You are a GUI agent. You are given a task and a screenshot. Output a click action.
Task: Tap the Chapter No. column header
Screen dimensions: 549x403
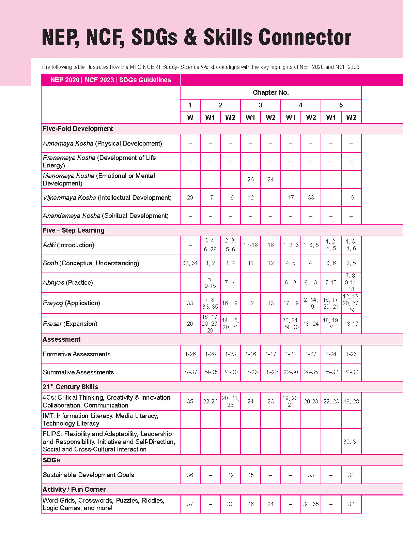[270, 92]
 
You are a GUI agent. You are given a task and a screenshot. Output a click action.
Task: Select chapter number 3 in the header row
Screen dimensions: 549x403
[261, 105]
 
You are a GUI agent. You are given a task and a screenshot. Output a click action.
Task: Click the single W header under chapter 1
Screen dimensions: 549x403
[190, 117]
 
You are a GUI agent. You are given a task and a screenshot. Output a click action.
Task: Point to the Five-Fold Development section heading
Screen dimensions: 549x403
[78, 129]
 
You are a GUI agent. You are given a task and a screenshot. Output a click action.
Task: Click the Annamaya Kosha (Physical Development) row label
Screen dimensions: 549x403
[102, 143]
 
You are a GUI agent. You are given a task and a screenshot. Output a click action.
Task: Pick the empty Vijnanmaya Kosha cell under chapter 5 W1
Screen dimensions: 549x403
[331, 197]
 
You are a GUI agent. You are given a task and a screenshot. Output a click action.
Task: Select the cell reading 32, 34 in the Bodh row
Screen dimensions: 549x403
[190, 263]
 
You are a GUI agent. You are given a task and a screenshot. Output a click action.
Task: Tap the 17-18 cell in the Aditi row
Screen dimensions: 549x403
[250, 245]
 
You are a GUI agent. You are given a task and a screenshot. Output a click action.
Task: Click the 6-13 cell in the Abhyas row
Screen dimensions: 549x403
[291, 282]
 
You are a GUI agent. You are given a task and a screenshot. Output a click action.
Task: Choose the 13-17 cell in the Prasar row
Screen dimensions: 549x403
[351, 324]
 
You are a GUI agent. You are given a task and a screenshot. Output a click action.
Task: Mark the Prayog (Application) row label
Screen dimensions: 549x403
[72, 303]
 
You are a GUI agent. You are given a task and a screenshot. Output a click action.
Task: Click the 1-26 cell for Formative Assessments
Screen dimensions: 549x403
[190, 354]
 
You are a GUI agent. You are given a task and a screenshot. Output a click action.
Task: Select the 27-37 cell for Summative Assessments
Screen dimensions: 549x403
[190, 372]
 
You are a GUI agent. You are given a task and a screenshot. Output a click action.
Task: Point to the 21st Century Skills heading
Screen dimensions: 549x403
[71, 387]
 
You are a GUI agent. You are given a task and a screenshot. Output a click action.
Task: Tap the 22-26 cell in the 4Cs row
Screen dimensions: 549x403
[210, 401]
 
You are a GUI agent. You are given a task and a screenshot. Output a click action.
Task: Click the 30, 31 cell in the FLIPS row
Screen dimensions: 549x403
[351, 442]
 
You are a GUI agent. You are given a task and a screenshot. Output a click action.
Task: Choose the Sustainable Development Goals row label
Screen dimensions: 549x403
[88, 475]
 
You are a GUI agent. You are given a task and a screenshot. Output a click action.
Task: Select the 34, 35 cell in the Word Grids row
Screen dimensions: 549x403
[311, 504]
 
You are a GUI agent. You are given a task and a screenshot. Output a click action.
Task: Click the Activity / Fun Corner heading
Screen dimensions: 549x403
[74, 489]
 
